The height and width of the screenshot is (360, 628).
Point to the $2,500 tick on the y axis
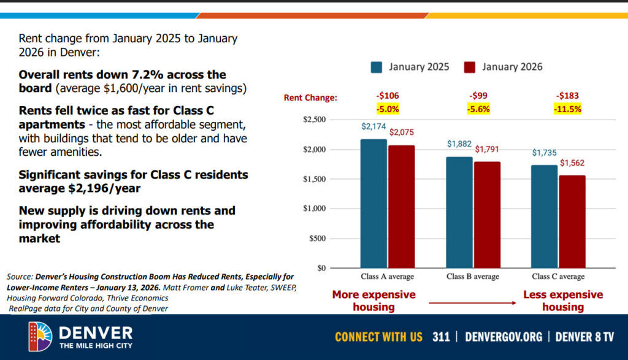316,120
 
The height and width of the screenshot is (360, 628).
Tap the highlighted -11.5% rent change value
567,109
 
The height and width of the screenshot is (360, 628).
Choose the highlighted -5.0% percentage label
388,109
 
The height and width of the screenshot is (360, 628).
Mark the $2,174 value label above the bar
373,127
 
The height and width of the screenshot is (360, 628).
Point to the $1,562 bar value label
572,164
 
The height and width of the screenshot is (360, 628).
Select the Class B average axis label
472,277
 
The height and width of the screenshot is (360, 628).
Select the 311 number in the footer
441,337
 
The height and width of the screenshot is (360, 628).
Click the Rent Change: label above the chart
310,98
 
